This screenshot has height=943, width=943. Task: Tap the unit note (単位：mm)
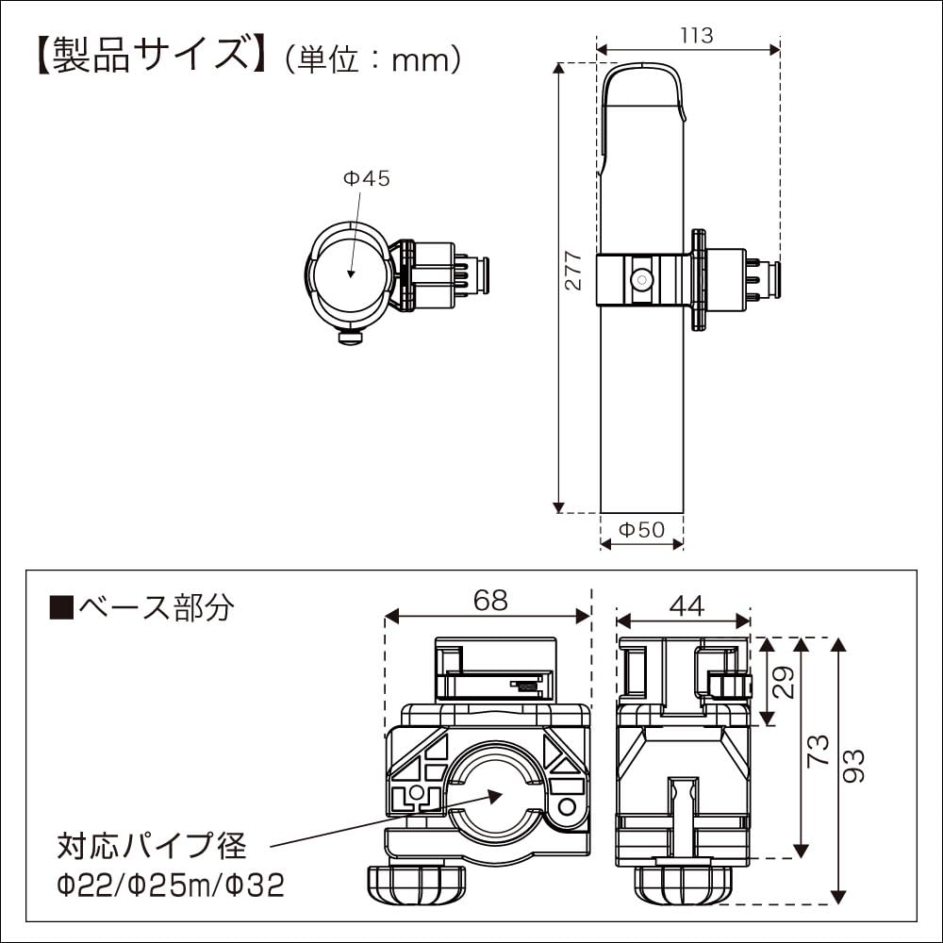tap(372, 58)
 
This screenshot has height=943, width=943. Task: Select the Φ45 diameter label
tap(366, 178)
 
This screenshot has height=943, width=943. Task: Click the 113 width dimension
tap(696, 36)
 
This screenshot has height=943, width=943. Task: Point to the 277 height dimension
tap(574, 273)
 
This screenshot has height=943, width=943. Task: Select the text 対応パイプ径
tap(151, 846)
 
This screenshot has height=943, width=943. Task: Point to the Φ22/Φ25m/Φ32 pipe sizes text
tap(170, 885)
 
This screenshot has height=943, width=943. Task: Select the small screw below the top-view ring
tap(349, 336)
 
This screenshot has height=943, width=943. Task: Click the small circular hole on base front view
tap(566, 807)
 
